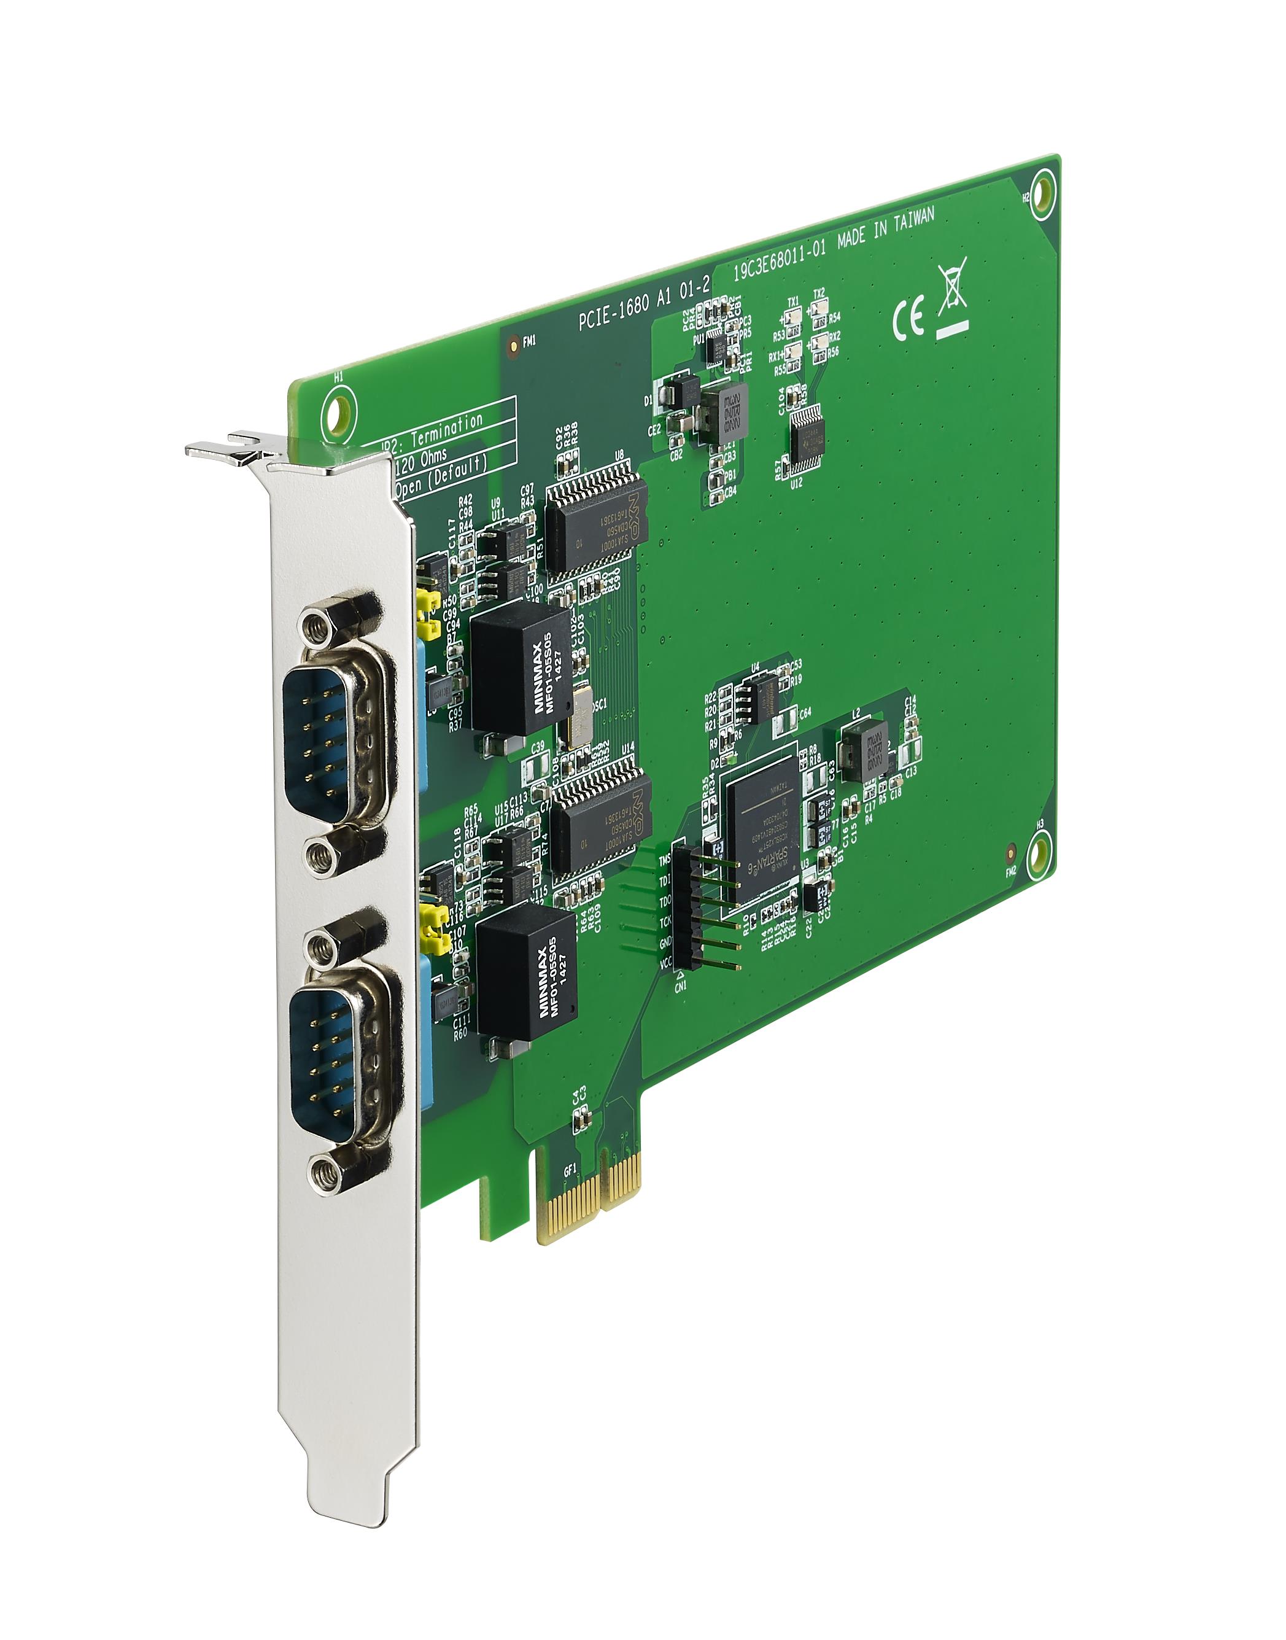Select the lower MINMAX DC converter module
(x=527, y=971)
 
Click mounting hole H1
(x=336, y=411)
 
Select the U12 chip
(x=807, y=438)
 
